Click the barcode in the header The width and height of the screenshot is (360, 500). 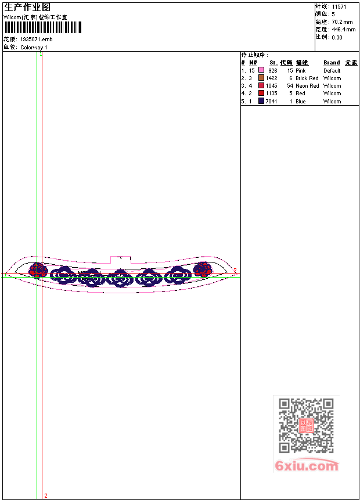[x=43, y=27]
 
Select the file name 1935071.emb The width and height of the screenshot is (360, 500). [x=37, y=39]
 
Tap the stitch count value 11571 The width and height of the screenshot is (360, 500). [x=339, y=7]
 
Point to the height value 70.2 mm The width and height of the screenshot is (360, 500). [x=342, y=22]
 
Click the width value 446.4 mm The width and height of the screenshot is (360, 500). [x=343, y=30]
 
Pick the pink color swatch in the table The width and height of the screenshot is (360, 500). [x=261, y=70]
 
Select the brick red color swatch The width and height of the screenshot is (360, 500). [x=261, y=78]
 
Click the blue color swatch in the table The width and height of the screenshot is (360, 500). [x=261, y=101]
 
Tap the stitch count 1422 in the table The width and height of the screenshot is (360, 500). [x=272, y=78]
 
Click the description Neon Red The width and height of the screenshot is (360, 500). [x=307, y=86]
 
